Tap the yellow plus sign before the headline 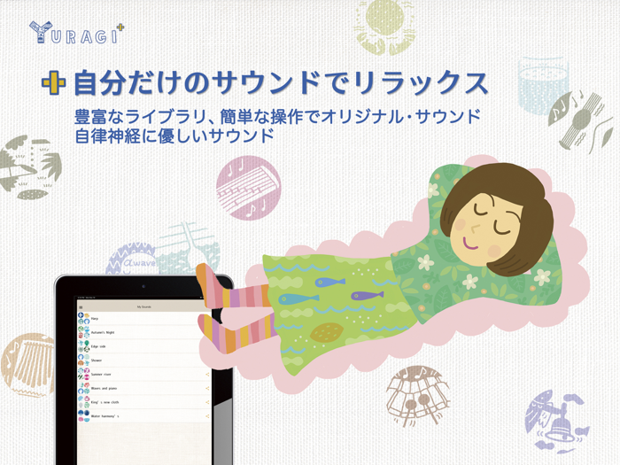click(x=54, y=83)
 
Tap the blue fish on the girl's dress click(x=331, y=282)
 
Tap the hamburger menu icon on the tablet click(x=81, y=306)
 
